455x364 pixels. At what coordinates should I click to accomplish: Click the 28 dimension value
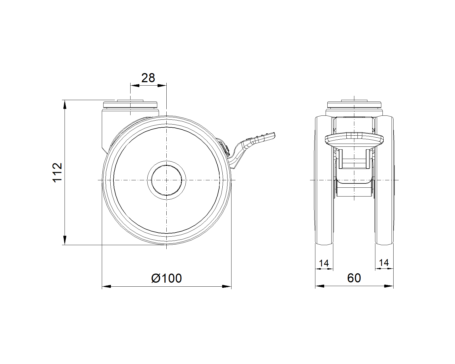tap(148, 78)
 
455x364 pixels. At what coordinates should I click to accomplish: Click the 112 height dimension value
tap(57, 172)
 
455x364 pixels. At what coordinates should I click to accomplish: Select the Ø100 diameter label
tap(166, 278)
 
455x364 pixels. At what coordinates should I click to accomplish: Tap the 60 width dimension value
tap(354, 278)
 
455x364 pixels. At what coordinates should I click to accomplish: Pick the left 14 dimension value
tap(324, 263)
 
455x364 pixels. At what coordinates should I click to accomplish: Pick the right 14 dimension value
tap(384, 263)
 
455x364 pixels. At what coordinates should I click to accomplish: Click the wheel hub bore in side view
tap(167, 180)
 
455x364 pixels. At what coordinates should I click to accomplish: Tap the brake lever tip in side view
tap(274, 135)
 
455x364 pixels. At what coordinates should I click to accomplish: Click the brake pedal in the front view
tap(354, 140)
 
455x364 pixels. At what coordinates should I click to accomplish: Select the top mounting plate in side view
tap(130, 105)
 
